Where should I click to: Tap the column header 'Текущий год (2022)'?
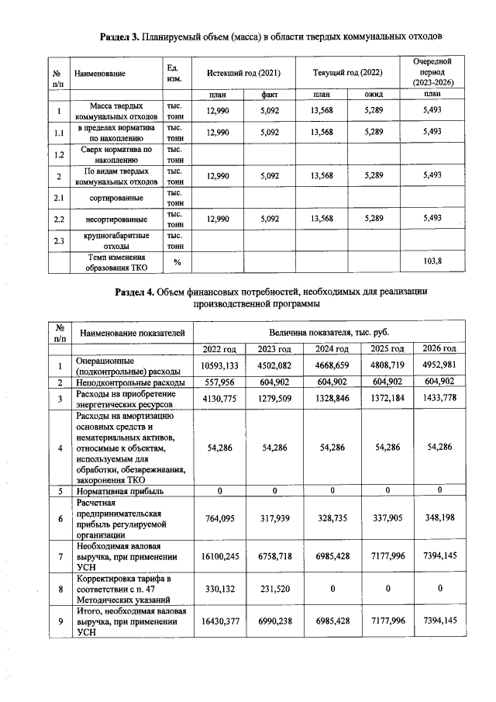[x=347, y=72]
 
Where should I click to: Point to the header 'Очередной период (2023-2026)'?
[x=432, y=71]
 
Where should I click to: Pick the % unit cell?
[x=177, y=261]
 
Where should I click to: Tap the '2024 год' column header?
[x=331, y=348]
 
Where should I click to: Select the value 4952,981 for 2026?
[x=439, y=365]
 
